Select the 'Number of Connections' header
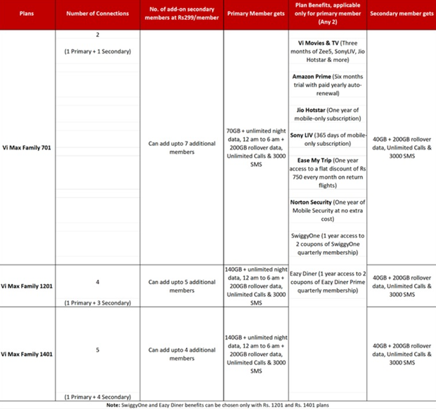point(97,13)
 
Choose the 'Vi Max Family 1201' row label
point(27,285)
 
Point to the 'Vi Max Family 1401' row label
point(27,354)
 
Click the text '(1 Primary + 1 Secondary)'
point(97,50)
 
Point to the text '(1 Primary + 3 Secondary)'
point(97,303)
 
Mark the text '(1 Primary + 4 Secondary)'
point(97,396)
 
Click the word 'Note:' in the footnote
point(113,404)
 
